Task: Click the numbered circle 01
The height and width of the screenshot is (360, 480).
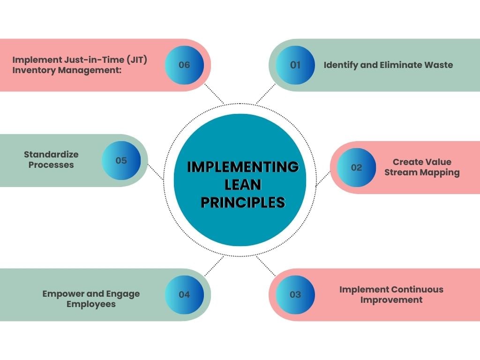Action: click(295, 65)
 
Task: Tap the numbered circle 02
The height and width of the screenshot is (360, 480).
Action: click(357, 167)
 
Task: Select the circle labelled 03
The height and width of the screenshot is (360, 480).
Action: click(295, 294)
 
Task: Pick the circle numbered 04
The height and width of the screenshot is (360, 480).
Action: click(184, 294)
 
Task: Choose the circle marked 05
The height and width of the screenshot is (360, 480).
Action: click(121, 160)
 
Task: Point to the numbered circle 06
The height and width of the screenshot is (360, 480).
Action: click(184, 65)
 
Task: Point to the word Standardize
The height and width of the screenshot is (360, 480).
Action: click(51, 154)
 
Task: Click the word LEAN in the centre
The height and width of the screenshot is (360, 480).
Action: click(243, 184)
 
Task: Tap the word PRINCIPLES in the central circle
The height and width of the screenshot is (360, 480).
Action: click(243, 202)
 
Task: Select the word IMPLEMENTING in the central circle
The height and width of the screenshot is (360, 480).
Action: click(243, 166)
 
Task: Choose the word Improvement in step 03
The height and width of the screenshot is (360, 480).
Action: click(391, 300)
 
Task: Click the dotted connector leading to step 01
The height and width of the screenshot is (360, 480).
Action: click(266, 94)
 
